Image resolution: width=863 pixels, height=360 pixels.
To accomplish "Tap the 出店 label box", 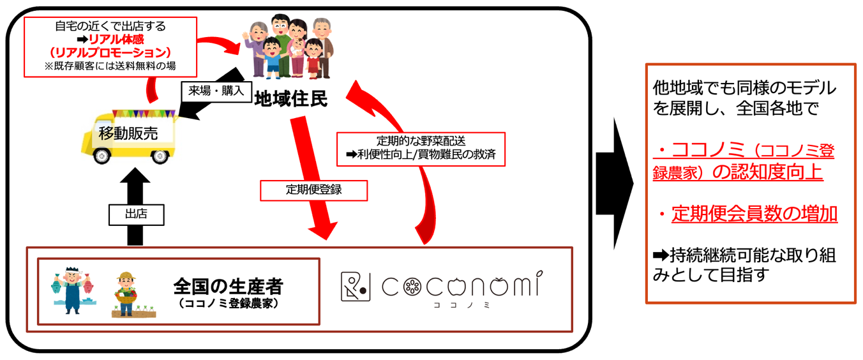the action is coord(136,214).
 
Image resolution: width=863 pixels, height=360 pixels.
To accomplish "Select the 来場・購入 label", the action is coord(216,91).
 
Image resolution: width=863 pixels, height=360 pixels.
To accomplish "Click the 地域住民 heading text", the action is coord(291,99).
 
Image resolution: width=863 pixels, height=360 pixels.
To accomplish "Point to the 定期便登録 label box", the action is coord(313,190).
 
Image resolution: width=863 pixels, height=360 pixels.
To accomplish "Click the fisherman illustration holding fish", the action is coord(74,290).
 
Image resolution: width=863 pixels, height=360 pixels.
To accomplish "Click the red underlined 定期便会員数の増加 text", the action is coord(754,214).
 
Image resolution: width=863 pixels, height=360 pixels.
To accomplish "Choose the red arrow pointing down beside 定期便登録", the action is coord(313,172).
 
